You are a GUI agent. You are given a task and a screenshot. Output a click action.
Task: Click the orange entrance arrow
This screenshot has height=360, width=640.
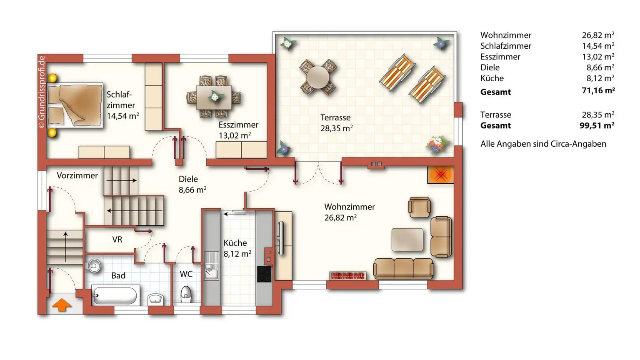(x=62, y=305)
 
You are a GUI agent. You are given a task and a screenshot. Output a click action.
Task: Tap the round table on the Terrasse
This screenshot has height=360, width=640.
(x=317, y=77)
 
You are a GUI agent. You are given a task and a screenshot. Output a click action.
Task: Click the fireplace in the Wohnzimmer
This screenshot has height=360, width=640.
(x=440, y=175)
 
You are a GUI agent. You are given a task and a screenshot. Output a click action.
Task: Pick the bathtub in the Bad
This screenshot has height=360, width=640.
(x=115, y=295)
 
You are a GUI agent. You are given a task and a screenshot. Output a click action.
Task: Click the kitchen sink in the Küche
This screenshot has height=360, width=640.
(x=211, y=265)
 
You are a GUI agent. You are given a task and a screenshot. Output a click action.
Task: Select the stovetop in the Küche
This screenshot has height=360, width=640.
(x=264, y=274)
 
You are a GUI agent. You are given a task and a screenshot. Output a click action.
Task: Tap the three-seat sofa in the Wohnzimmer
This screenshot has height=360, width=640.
(x=403, y=268)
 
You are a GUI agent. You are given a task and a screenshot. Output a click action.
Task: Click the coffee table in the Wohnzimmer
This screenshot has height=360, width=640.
(x=407, y=240)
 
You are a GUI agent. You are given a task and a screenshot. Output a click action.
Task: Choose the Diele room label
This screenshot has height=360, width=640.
(x=188, y=179)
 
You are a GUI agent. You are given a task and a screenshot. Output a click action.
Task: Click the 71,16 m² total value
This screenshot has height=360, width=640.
(x=598, y=90)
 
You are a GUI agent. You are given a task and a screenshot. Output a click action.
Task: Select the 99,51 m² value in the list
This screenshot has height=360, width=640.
(x=597, y=125)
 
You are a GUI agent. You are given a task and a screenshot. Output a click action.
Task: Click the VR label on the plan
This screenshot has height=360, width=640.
(x=117, y=240)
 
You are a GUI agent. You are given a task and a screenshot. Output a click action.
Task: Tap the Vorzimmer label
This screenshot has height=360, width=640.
(x=77, y=175)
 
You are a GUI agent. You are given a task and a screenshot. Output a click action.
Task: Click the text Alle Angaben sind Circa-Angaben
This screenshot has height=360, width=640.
(x=543, y=144)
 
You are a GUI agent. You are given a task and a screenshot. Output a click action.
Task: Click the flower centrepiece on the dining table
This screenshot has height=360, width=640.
(x=215, y=96)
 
